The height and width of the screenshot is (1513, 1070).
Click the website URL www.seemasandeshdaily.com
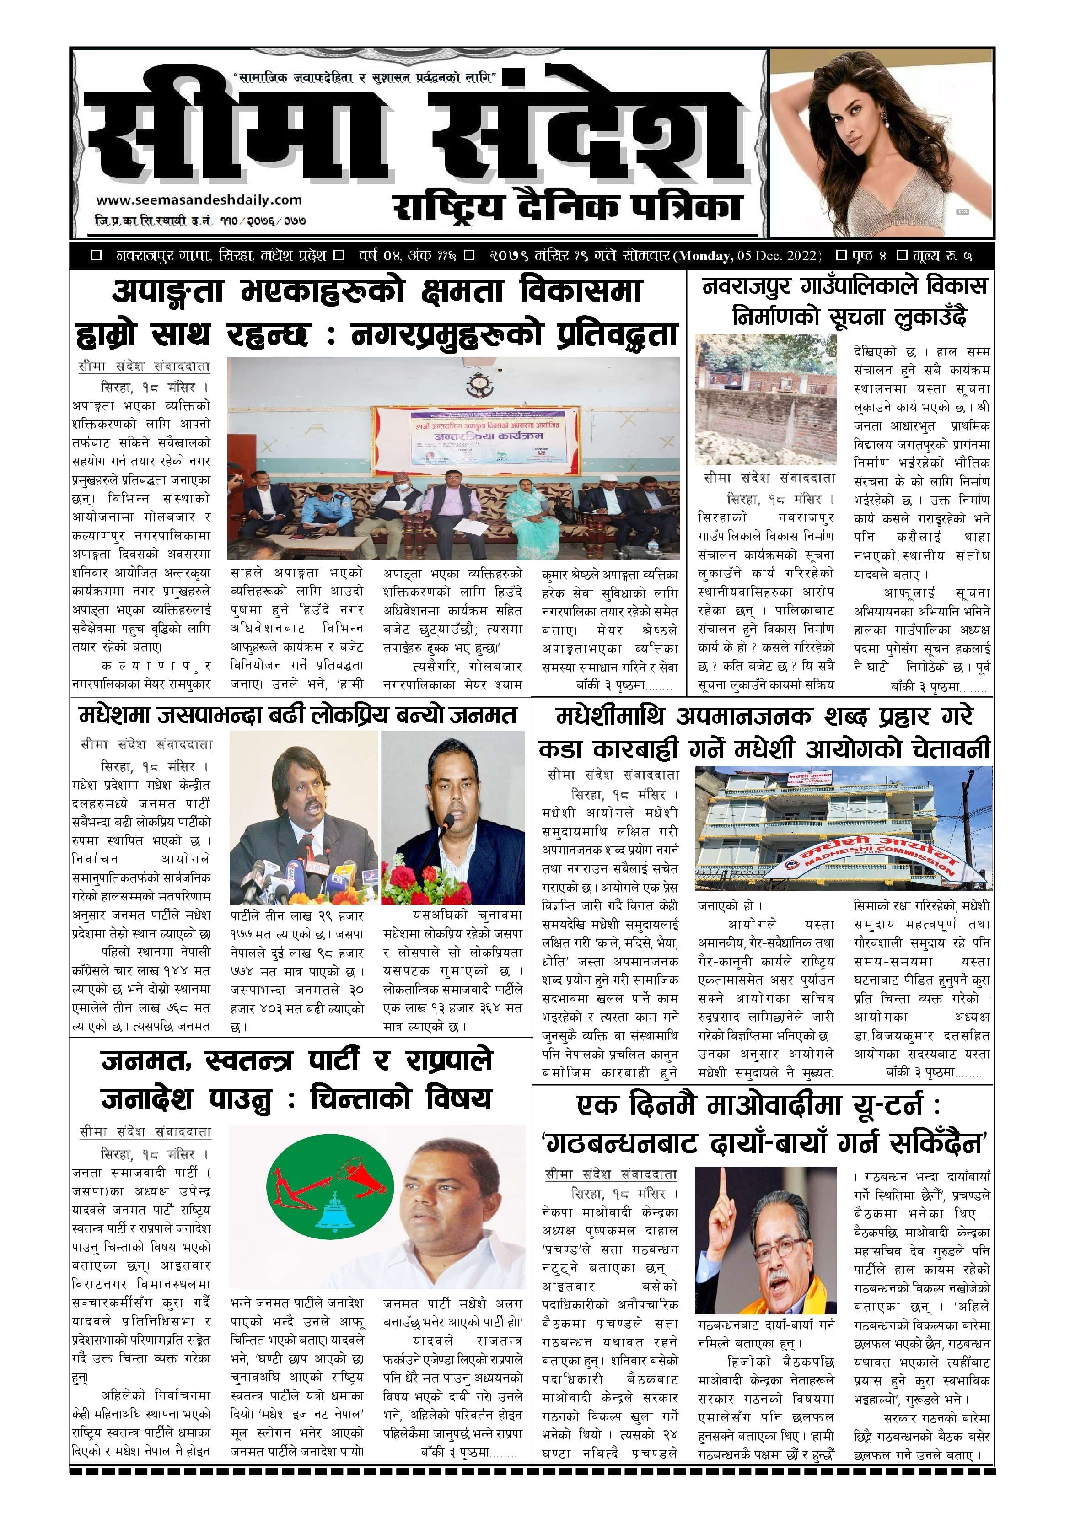tap(199, 199)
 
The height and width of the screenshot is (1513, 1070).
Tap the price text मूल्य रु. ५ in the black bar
tap(942, 256)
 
